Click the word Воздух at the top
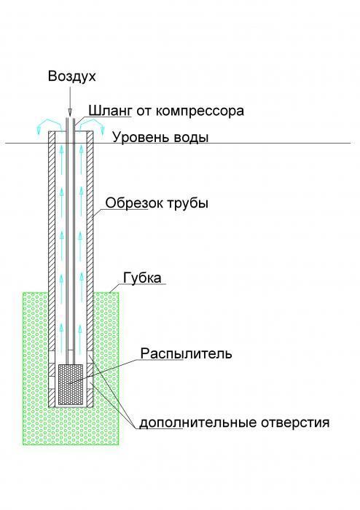click(x=72, y=76)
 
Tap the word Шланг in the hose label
click(x=110, y=111)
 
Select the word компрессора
click(x=200, y=111)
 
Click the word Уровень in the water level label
click(x=141, y=137)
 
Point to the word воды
click(x=191, y=137)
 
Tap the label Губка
click(x=142, y=278)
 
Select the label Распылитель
click(x=187, y=353)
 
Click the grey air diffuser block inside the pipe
click(x=70, y=385)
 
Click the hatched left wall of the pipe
click(x=52, y=269)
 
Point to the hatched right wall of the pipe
click(x=90, y=269)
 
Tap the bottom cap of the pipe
click(x=71, y=407)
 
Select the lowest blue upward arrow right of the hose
click(x=81, y=331)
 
